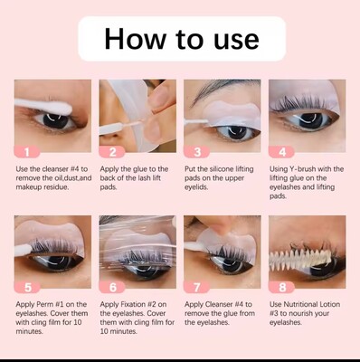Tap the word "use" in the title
pyautogui.click(x=236, y=41)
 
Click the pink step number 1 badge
pyautogui.click(x=27, y=152)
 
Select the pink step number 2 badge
pyautogui.click(x=112, y=152)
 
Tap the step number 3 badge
pyautogui.click(x=196, y=152)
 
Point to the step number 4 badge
pyautogui.click(x=281, y=152)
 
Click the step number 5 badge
pyautogui.click(x=27, y=287)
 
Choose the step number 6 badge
pyautogui.click(x=112, y=287)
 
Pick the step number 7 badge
pyautogui.click(x=196, y=287)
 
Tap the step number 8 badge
pyautogui.click(x=281, y=287)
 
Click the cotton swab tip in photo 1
pyautogui.click(x=62, y=108)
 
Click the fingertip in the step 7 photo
pyautogui.click(x=224, y=225)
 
